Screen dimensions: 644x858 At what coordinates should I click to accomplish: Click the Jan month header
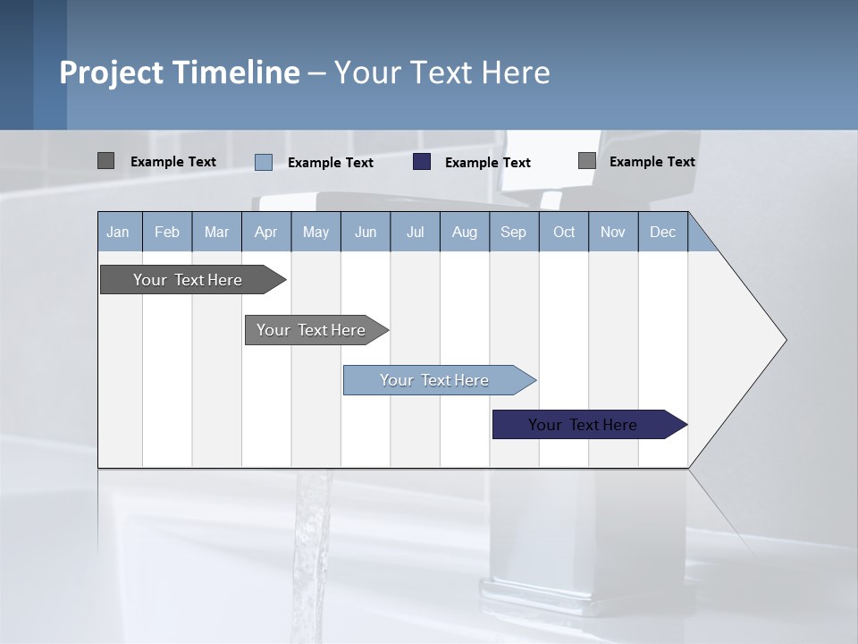tap(118, 232)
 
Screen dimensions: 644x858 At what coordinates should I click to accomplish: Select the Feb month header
tap(167, 232)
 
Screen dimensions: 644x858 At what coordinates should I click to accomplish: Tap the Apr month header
tap(265, 232)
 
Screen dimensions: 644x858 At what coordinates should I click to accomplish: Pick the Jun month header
tap(366, 232)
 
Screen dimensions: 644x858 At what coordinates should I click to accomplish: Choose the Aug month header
tap(464, 232)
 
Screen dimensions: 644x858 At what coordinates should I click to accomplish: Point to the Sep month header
tap(513, 232)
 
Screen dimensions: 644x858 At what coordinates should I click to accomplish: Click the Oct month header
tap(564, 232)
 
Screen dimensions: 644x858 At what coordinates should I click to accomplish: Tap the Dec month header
tap(662, 232)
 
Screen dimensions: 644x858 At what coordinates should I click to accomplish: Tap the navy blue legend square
tap(422, 162)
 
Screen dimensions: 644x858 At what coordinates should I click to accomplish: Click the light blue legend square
tap(264, 162)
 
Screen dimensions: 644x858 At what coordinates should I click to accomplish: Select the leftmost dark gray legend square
tap(105, 161)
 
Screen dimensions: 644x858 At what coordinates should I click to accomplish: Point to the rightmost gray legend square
tap(586, 161)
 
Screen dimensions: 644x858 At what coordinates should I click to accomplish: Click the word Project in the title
tap(111, 72)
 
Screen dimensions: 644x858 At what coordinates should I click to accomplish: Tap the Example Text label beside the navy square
tap(487, 163)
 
